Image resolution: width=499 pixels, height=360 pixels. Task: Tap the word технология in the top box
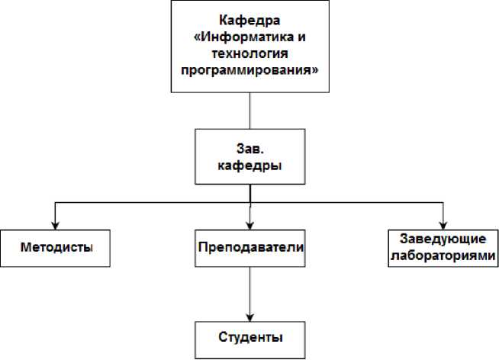point(250,53)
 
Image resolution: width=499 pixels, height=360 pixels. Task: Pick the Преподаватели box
point(250,249)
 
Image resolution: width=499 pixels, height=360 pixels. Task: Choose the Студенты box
point(250,337)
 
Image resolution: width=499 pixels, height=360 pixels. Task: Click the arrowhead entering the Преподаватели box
point(250,223)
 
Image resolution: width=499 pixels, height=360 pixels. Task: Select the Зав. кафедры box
point(250,156)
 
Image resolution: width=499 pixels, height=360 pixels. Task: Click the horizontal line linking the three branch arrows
point(153,202)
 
